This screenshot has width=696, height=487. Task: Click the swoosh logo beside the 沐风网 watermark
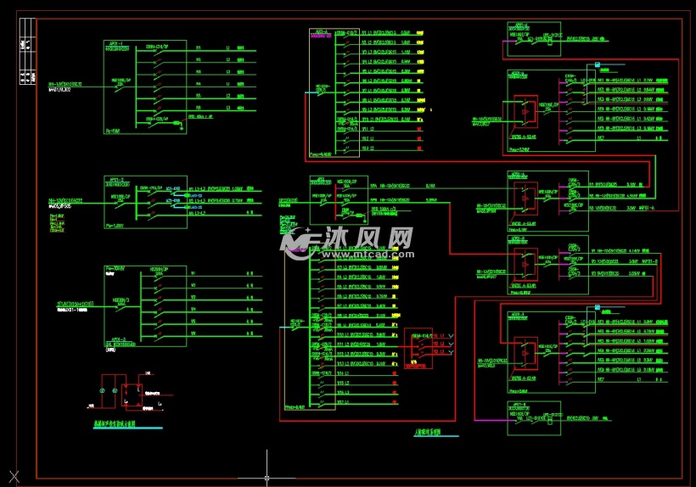click(x=300, y=243)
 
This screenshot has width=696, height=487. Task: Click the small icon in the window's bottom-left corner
click(x=12, y=476)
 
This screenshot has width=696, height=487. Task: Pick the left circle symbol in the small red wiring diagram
click(x=103, y=390)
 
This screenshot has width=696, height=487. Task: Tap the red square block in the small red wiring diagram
click(x=132, y=393)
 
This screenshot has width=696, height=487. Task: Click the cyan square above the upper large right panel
click(x=598, y=64)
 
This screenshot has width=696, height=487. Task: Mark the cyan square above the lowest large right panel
click(x=598, y=306)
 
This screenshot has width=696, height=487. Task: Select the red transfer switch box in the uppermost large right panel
click(x=525, y=109)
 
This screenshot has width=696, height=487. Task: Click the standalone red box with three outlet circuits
click(x=418, y=348)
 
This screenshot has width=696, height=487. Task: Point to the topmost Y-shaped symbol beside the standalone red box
click(x=450, y=337)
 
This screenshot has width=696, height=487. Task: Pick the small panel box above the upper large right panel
click(x=534, y=36)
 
